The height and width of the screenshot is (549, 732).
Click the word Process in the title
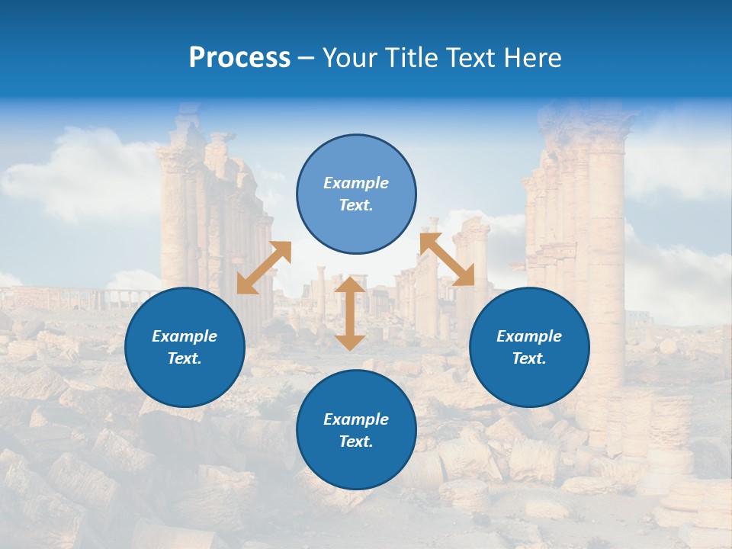pos(239,58)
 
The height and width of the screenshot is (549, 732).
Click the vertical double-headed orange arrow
pos(350,313)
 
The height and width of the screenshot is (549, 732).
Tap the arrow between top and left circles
pos(264,268)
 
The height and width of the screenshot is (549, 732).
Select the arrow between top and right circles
pos(447,260)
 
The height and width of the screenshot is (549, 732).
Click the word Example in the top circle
pos(356,183)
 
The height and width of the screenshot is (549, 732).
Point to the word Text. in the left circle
pos(185,358)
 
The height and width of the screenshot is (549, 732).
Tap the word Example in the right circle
pos(529,336)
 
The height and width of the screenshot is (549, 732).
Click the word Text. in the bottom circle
pos(356,441)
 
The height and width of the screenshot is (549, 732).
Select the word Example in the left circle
pos(185,336)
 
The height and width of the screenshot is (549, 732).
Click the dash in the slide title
pos(306,58)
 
